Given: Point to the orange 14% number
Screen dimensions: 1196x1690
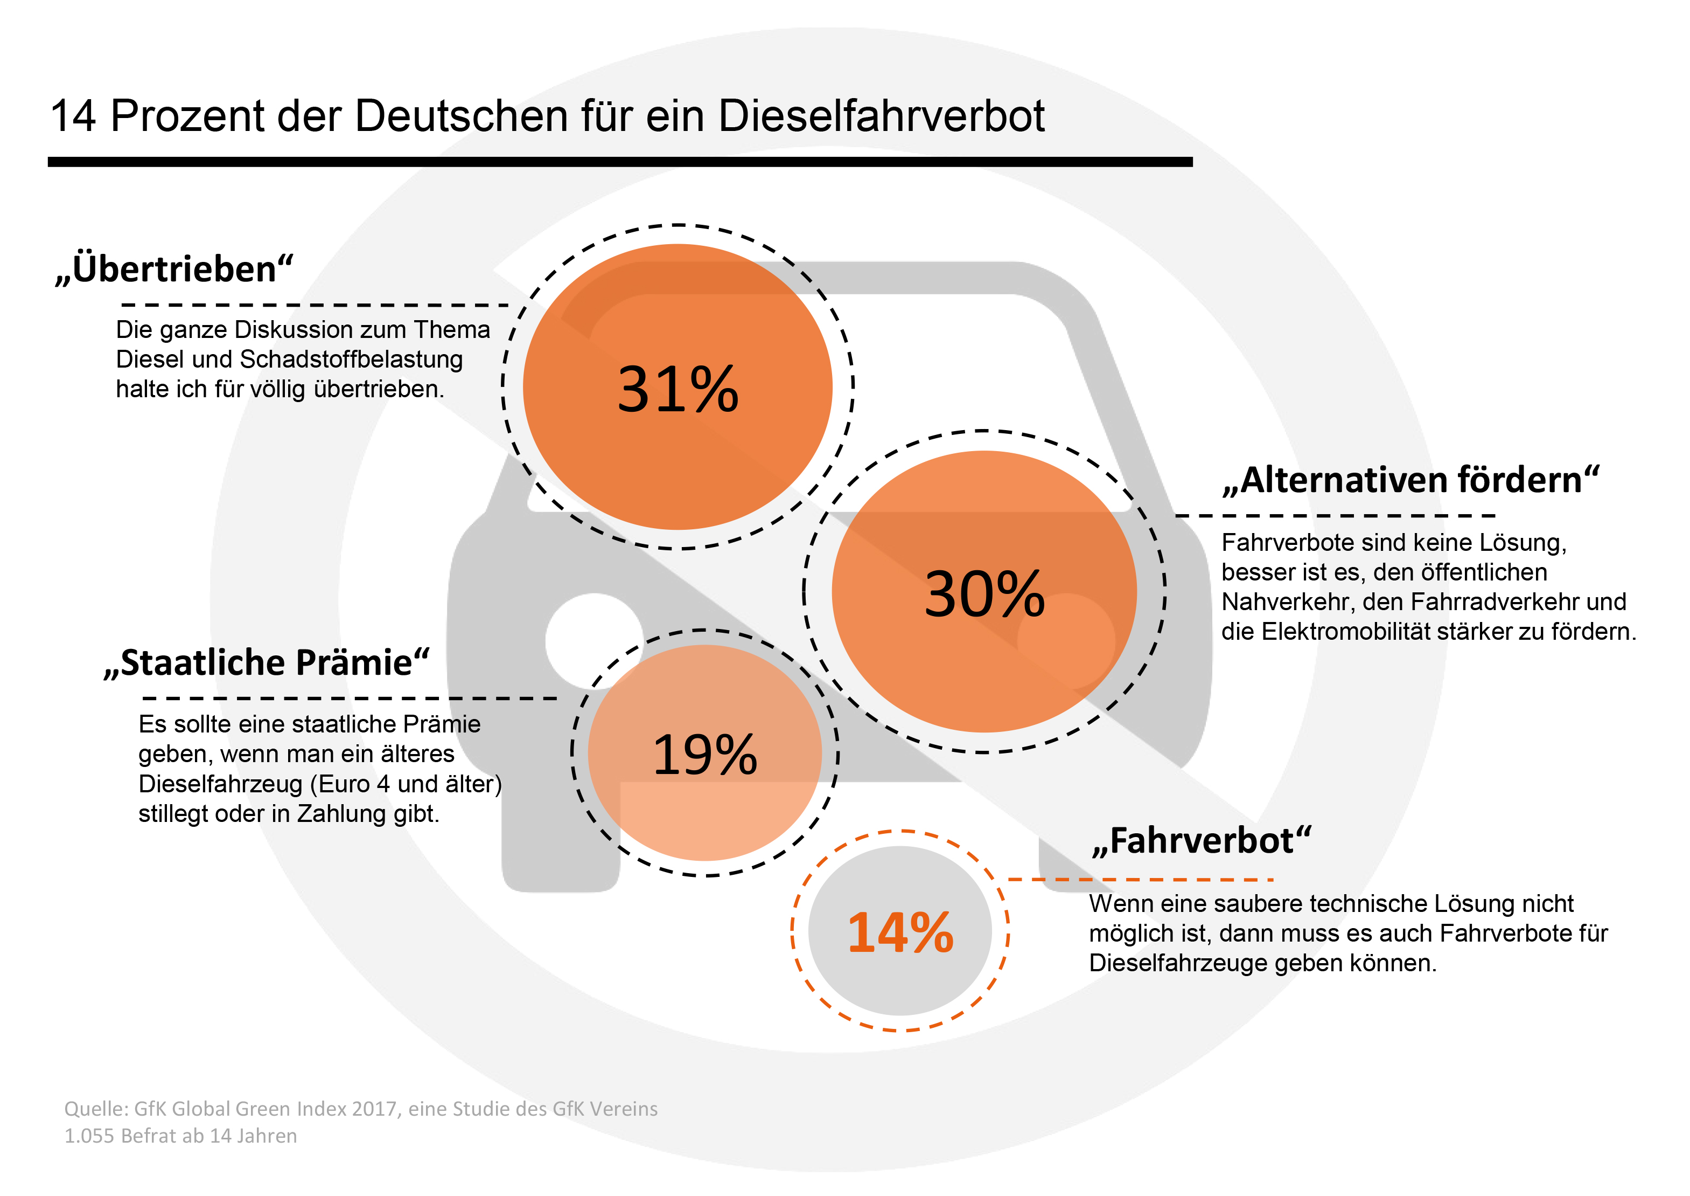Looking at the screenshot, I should [x=900, y=932].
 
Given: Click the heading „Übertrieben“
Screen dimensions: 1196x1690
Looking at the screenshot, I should [x=174, y=269].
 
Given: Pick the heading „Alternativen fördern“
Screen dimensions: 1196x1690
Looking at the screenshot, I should [x=1410, y=480].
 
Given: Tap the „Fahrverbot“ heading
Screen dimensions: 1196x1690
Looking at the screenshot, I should [x=1201, y=841].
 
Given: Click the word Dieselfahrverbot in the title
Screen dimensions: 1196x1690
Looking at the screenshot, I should [x=881, y=116].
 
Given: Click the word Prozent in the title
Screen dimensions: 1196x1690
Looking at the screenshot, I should [x=187, y=116].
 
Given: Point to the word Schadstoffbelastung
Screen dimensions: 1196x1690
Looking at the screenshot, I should [x=351, y=360].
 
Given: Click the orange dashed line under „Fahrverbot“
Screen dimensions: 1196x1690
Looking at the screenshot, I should [x=1140, y=879].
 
